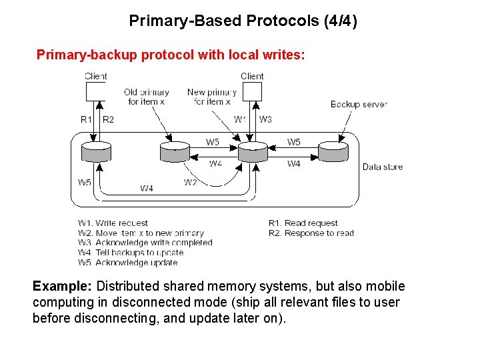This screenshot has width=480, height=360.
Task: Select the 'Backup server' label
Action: click(358, 104)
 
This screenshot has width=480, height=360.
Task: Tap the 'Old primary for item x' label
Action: click(147, 97)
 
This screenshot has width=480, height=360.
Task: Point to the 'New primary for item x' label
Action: click(212, 97)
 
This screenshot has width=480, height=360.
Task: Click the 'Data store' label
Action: click(383, 167)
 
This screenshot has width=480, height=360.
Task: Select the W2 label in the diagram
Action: click(191, 182)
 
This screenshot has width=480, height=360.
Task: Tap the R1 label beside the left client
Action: click(86, 119)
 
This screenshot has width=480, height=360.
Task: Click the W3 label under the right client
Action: click(265, 119)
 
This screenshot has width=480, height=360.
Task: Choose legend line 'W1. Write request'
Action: click(113, 223)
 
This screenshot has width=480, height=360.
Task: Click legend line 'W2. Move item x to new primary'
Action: click(141, 233)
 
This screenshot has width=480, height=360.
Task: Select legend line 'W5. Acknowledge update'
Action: click(127, 263)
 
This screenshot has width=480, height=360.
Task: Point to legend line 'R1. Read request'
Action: click(303, 223)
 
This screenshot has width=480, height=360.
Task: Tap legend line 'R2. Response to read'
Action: click(311, 233)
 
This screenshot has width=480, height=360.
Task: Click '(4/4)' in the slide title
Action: click(340, 21)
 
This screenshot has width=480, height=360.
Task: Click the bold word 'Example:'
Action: click(63, 287)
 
